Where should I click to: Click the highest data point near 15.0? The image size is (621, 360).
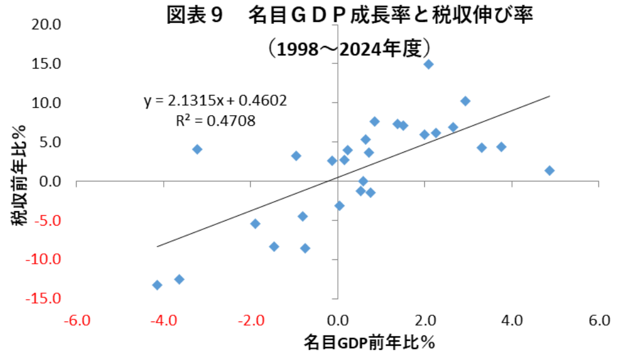(429, 64)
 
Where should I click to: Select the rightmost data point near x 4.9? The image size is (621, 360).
(549, 170)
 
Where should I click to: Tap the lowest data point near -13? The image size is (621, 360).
(157, 285)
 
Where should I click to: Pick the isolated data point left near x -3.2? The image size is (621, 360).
(197, 149)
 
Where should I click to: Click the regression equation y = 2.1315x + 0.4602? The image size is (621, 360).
(215, 101)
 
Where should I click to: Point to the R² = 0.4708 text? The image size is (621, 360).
(215, 120)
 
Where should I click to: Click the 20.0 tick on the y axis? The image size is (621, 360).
(49, 25)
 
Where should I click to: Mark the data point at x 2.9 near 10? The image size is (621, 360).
(465, 101)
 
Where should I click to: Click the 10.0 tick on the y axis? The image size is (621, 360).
(49, 102)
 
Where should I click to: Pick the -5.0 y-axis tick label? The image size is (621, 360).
(49, 220)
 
